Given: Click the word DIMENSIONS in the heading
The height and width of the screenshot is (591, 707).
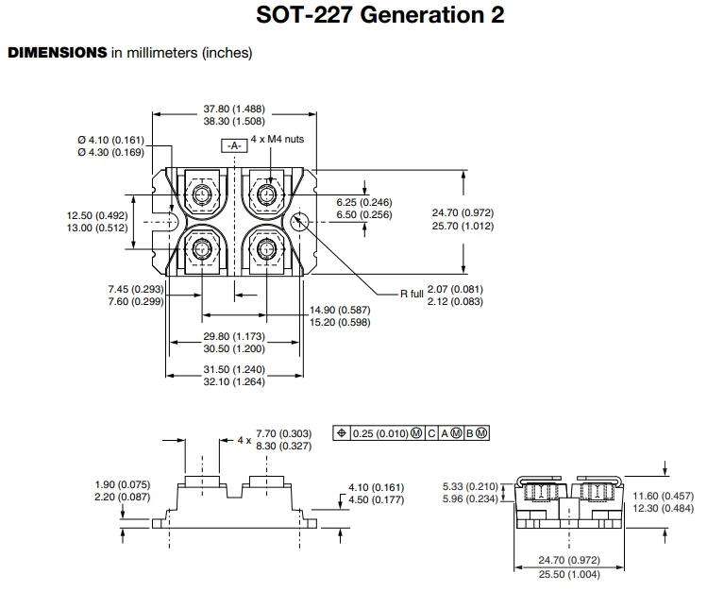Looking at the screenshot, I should [58, 53].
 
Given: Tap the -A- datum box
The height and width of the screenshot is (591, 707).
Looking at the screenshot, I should [234, 144].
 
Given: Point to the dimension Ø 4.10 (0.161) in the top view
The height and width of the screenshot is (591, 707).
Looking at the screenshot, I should [110, 139].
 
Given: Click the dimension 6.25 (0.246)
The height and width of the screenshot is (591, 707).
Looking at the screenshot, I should [364, 202].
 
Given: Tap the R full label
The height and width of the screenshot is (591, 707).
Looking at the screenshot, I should [411, 294].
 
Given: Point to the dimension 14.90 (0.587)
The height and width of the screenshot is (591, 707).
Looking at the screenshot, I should [341, 309].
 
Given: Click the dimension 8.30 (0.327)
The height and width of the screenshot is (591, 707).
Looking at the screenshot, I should [283, 445].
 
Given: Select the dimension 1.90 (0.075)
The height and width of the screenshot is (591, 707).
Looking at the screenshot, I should [122, 485].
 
